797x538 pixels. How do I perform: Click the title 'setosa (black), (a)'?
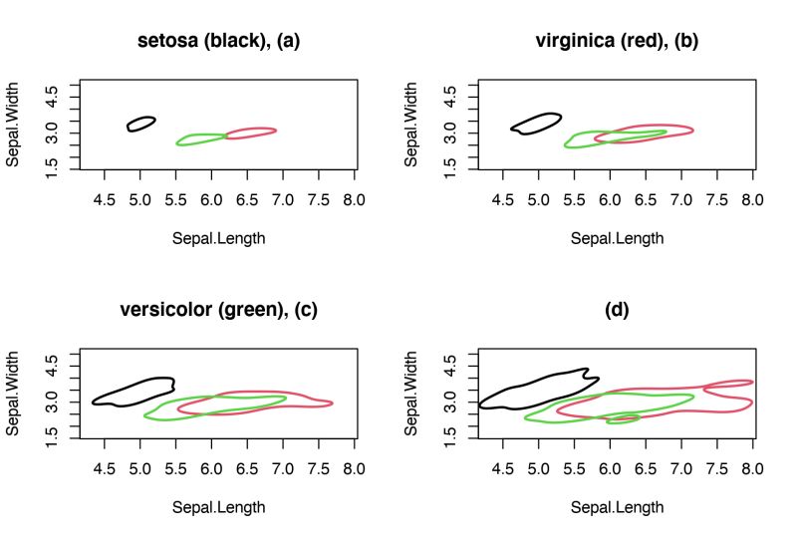(x=218, y=41)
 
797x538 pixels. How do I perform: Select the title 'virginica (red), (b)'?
(x=617, y=41)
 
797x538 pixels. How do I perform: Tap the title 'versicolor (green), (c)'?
(x=218, y=310)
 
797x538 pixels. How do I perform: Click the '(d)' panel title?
(x=617, y=310)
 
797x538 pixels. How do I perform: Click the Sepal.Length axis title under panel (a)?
(x=218, y=238)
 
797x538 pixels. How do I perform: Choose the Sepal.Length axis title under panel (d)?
(x=617, y=507)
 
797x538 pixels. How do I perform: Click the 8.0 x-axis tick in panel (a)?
(x=355, y=199)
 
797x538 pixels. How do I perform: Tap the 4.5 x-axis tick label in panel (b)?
(x=503, y=199)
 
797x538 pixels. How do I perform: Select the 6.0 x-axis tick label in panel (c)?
(x=211, y=468)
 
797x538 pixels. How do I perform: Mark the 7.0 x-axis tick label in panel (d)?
(x=681, y=468)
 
